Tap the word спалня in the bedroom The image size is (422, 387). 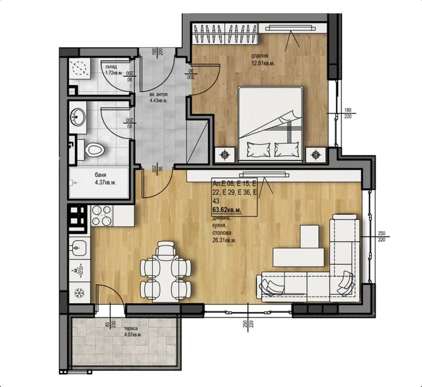258,56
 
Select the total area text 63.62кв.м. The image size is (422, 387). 227,210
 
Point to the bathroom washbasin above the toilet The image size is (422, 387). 78,117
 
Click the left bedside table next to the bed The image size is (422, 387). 225,154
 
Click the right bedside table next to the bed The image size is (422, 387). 316,154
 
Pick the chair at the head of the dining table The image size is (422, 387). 166,249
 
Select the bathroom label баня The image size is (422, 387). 100,175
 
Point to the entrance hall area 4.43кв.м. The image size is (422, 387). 158,101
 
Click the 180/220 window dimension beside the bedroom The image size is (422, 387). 347,113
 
